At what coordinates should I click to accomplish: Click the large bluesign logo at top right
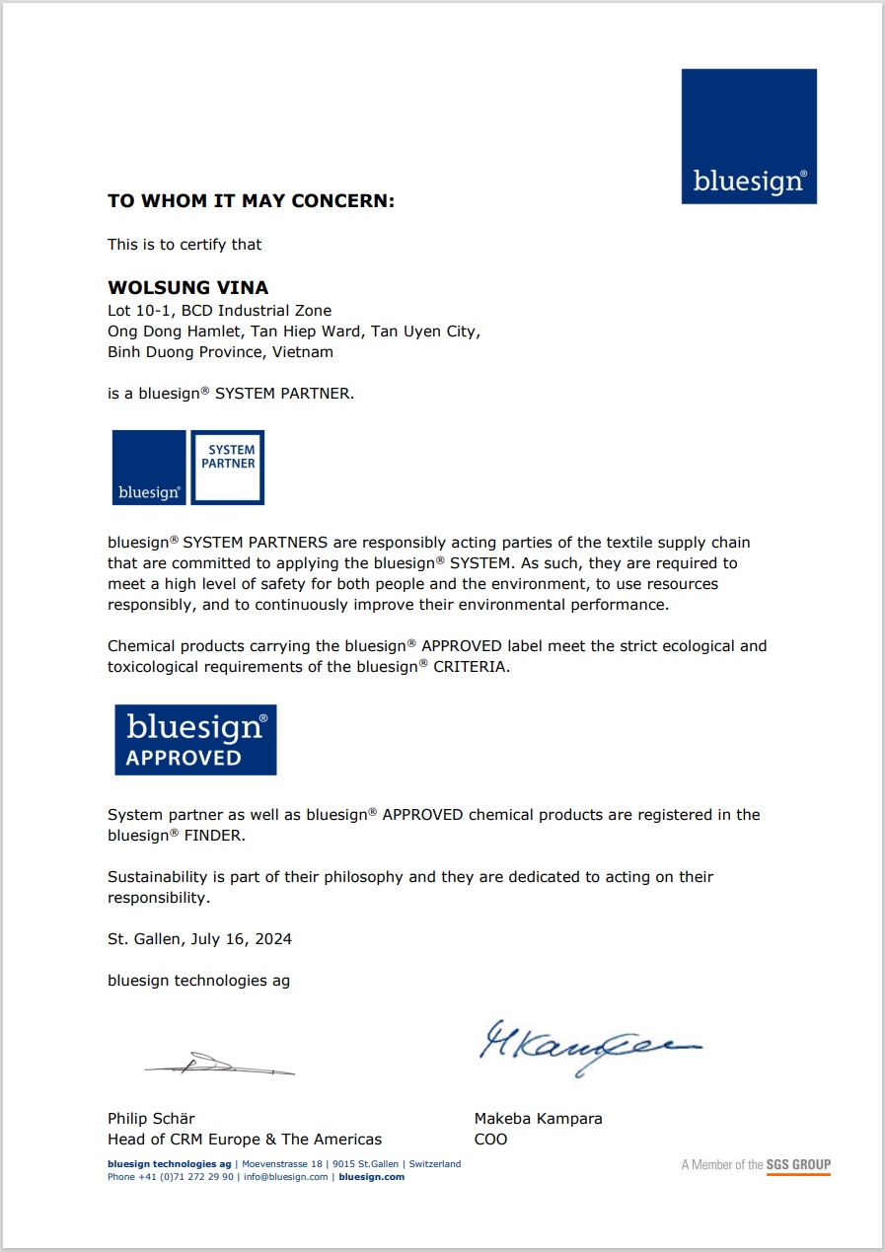tap(749, 136)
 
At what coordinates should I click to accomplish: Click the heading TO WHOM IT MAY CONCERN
tap(251, 201)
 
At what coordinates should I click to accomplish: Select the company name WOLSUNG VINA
tap(187, 288)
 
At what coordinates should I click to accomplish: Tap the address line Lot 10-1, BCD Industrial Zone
tap(219, 311)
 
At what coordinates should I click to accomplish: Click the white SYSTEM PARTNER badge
tap(227, 468)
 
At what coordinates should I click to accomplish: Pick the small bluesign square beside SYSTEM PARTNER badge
tap(149, 468)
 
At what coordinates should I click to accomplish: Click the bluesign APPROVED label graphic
tap(195, 740)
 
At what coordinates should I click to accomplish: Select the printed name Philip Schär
tap(151, 1119)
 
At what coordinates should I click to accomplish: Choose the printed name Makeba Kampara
tap(538, 1119)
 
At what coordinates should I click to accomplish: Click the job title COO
tap(490, 1140)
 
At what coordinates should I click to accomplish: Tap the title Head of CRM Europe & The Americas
tap(244, 1140)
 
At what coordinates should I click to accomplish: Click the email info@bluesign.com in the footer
tap(286, 1177)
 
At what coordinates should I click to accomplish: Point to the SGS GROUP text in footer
tap(798, 1165)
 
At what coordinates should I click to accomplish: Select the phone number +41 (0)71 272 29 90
tap(185, 1177)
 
